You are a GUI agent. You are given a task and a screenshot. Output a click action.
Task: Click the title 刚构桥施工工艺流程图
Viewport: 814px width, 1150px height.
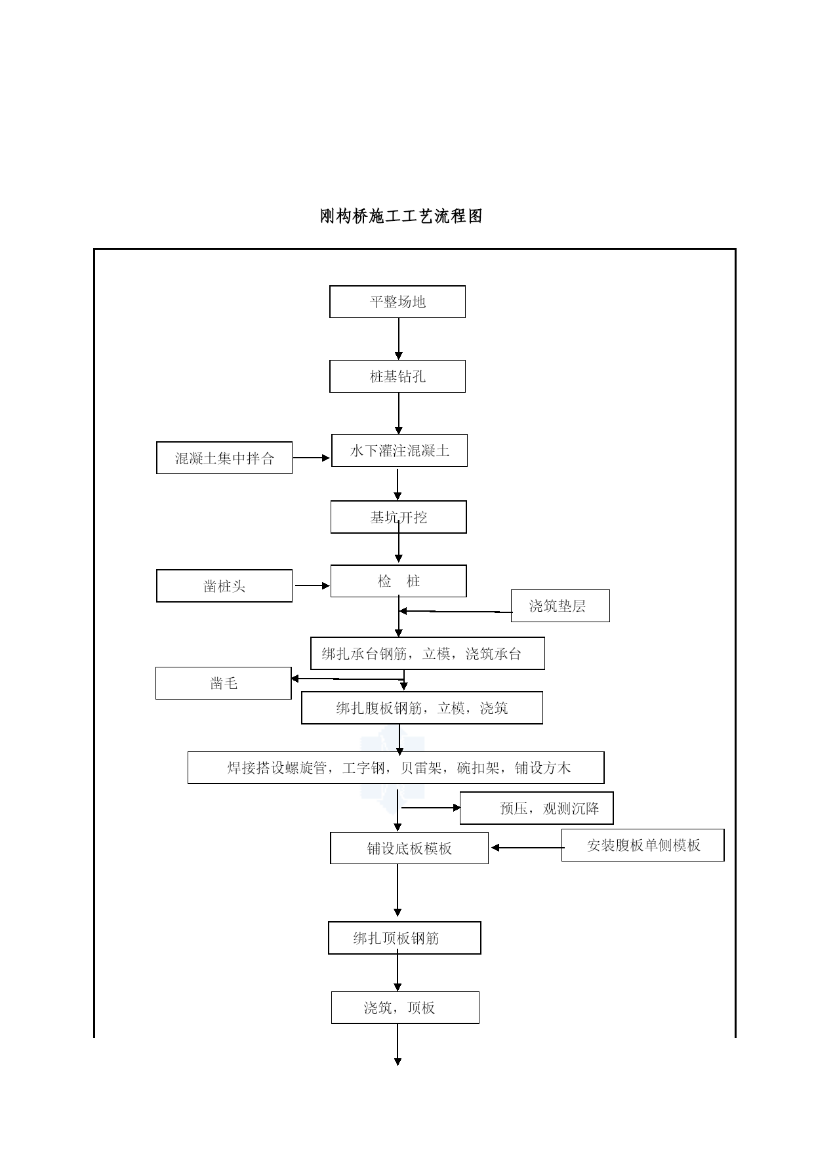(401, 216)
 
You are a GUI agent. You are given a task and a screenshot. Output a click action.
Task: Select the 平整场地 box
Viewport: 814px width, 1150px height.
(397, 302)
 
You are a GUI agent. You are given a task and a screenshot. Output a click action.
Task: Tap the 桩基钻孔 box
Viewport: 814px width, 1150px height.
(397, 376)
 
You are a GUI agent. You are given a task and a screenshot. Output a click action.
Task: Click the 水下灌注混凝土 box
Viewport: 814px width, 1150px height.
(399, 450)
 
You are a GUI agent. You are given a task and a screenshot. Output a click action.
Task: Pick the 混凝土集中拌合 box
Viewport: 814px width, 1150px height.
(224, 458)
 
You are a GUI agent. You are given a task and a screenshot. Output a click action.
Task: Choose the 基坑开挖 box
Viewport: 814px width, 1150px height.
(399, 517)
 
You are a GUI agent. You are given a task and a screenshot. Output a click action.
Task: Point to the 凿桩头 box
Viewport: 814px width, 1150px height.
(224, 585)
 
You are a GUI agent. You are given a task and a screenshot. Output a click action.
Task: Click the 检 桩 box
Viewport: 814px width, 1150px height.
(399, 581)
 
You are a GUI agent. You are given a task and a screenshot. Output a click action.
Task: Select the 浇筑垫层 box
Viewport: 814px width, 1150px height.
(560, 606)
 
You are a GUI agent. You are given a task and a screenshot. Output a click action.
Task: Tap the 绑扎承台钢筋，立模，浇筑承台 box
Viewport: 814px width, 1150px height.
(428, 654)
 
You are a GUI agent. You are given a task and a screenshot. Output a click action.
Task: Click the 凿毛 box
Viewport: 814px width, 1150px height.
(224, 683)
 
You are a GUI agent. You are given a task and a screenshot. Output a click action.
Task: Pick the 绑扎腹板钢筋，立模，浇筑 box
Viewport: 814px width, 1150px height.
(422, 708)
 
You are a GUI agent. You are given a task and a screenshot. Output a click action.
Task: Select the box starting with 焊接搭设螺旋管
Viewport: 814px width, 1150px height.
(396, 768)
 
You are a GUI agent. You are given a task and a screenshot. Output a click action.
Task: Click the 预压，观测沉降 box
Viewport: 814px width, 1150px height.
(537, 808)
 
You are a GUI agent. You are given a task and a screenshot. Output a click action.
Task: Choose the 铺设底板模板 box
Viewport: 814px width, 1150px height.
(409, 848)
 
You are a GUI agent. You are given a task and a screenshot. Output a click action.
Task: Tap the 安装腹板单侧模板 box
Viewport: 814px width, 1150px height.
(643, 845)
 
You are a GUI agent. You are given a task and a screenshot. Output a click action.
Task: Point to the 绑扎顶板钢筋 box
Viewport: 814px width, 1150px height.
(405, 938)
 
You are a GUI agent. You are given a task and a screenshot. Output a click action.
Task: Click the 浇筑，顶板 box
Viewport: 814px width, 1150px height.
(405, 1008)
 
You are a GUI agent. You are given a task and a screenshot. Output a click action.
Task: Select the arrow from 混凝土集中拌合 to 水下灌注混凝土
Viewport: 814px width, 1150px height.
(312, 458)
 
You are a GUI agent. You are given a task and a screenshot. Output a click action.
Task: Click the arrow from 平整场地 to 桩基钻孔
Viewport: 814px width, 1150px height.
(398, 339)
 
